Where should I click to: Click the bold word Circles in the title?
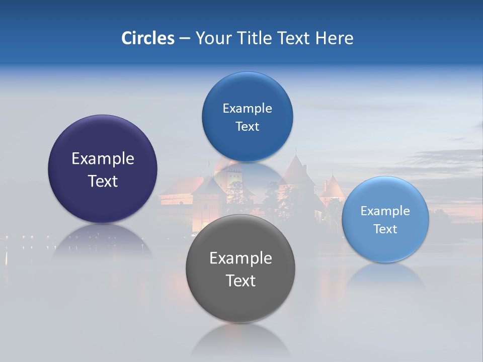pyautogui.click(x=147, y=38)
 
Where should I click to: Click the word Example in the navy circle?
pyautogui.click(x=103, y=159)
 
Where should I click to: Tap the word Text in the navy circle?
pyautogui.click(x=103, y=181)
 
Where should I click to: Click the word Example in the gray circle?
pyautogui.click(x=240, y=258)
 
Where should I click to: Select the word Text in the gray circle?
pyautogui.click(x=240, y=281)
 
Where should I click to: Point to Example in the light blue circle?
pyautogui.click(x=385, y=211)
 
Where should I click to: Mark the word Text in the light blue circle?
pyautogui.click(x=385, y=229)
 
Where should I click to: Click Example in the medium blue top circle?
pyautogui.click(x=247, y=109)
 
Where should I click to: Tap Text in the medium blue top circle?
pyautogui.click(x=247, y=127)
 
